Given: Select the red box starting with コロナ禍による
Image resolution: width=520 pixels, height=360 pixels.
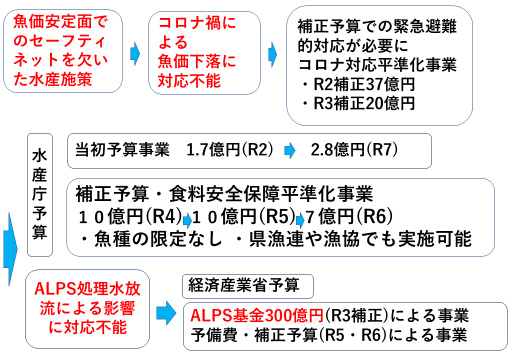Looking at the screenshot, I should [x=204, y=52].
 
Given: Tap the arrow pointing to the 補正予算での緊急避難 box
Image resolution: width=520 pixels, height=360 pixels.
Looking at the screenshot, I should [x=272, y=52].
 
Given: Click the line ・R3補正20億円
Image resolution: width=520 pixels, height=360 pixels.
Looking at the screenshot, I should [x=358, y=103].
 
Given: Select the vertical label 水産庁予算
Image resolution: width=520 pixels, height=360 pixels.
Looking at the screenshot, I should [x=39, y=195].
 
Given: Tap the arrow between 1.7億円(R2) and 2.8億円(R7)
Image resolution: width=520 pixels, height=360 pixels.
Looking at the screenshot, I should [x=289, y=151].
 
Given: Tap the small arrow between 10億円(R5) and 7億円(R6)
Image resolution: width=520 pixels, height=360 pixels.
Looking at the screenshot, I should [x=300, y=219].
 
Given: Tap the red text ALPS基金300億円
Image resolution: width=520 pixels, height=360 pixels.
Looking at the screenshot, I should [x=257, y=316].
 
